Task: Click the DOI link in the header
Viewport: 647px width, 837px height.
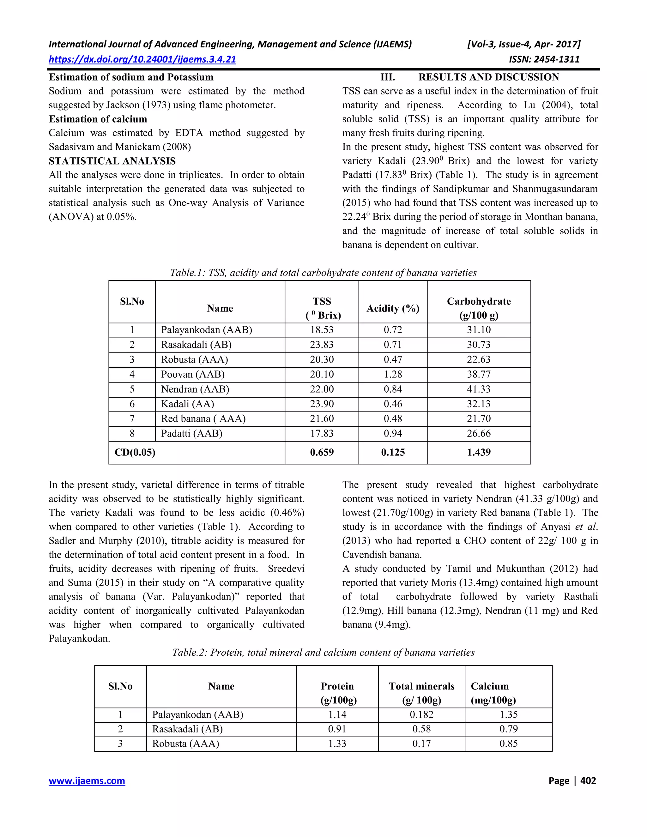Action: [x=142, y=59]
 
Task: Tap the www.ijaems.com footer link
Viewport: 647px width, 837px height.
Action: [x=87, y=781]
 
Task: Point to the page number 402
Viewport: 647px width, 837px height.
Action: [x=588, y=781]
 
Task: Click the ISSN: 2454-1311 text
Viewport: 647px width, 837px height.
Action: [x=544, y=59]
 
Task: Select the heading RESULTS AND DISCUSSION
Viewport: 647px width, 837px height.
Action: [x=488, y=77]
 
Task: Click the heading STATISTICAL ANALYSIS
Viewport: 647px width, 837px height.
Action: [x=112, y=161]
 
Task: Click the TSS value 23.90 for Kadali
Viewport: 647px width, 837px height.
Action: [x=322, y=404]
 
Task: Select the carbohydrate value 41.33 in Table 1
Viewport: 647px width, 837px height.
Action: [x=478, y=389]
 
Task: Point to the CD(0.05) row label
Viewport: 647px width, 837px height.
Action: [x=135, y=452]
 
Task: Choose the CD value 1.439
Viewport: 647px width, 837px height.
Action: [x=478, y=452]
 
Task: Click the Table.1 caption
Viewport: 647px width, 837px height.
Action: [x=323, y=273]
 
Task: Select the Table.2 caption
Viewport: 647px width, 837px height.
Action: [x=323, y=652]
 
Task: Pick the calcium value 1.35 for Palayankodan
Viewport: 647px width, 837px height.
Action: [x=508, y=714]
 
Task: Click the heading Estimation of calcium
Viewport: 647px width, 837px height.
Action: [x=98, y=119]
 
